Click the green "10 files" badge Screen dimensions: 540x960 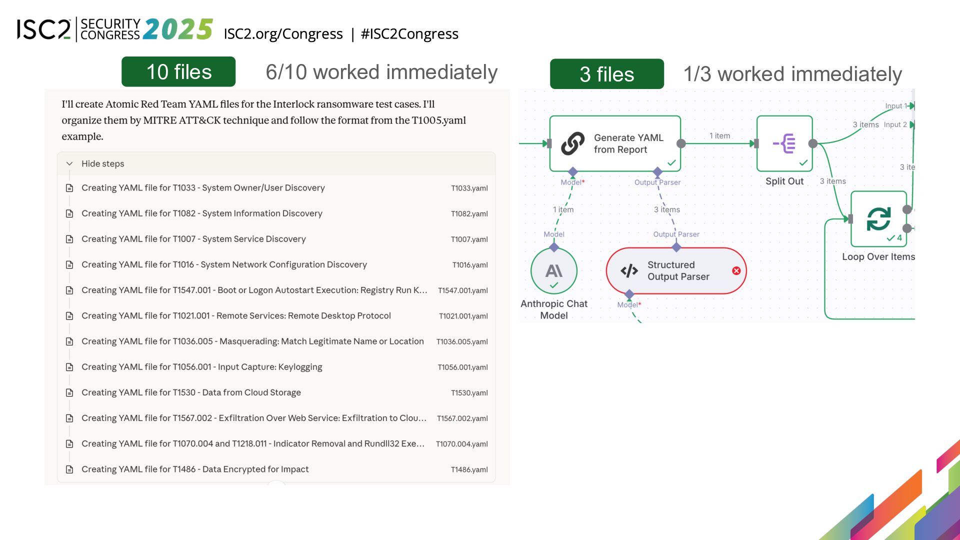178,71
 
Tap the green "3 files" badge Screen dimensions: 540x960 606,74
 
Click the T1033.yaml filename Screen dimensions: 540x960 469,188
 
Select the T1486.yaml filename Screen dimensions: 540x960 469,469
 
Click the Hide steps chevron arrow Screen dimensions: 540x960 69,163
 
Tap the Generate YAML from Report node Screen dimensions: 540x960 615,143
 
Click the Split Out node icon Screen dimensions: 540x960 784,143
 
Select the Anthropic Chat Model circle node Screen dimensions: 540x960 554,270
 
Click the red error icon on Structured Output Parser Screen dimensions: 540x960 736,270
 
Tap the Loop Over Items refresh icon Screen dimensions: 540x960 878,218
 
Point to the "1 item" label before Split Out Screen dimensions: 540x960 719,135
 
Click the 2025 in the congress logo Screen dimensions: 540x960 178,29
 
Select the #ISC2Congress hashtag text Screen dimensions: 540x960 409,33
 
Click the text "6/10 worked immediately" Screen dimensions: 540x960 381,72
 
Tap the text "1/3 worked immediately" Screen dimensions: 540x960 792,74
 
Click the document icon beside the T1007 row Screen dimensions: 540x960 69,239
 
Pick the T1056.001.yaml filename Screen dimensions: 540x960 462,367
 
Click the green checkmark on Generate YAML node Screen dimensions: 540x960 671,162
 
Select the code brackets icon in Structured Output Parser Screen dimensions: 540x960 629,270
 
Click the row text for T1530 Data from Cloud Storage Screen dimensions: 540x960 191,392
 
